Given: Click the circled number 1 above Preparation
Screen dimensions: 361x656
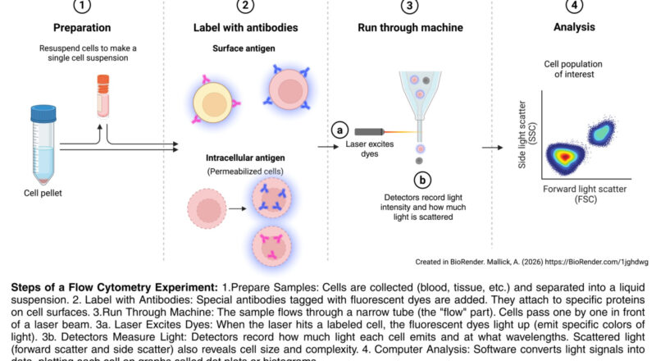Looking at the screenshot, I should pos(82,6).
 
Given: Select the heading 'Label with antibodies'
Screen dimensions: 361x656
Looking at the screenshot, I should pos(245,27).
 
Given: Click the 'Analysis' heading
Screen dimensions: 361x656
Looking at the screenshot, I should pos(572,27).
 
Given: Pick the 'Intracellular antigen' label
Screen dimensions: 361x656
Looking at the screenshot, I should pos(245,157).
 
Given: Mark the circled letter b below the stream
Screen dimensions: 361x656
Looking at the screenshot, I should pos(421,179).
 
